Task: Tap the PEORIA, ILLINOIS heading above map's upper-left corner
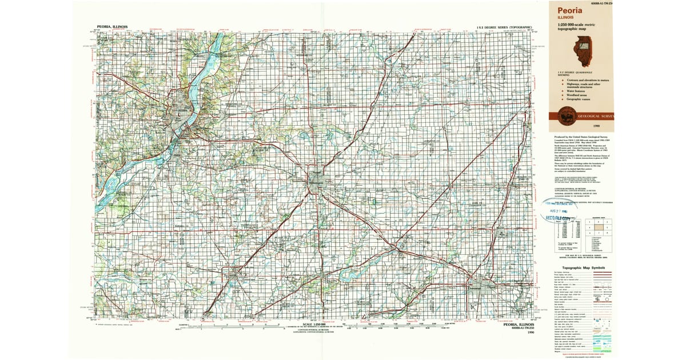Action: point(112,26)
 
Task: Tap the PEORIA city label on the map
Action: point(182,111)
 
